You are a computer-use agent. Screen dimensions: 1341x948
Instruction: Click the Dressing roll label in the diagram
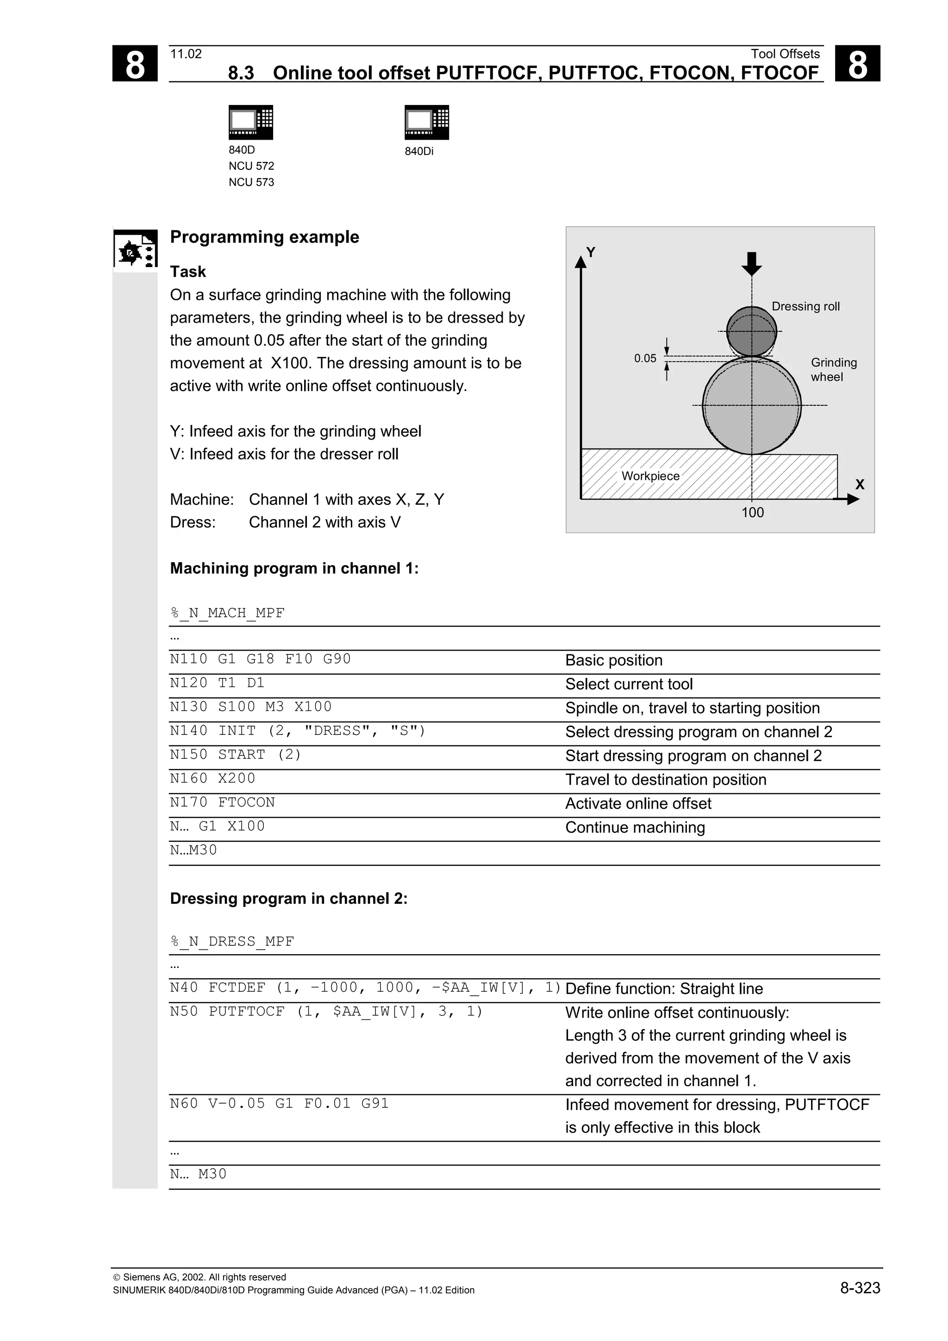(x=805, y=307)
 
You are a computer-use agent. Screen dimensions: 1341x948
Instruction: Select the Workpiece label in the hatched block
(x=650, y=476)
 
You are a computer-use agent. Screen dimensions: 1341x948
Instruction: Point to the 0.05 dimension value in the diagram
(x=645, y=359)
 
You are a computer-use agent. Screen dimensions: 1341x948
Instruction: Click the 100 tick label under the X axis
(x=752, y=513)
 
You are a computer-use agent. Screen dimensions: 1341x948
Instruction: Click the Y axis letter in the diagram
(x=591, y=252)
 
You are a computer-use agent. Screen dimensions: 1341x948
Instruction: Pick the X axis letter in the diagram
(x=859, y=484)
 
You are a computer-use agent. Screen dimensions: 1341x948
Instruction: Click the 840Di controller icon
(x=426, y=122)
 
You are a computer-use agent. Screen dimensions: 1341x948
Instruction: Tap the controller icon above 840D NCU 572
(x=250, y=122)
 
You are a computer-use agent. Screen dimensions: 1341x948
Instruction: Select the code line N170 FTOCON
(x=222, y=802)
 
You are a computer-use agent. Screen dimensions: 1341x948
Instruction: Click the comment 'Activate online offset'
(x=638, y=804)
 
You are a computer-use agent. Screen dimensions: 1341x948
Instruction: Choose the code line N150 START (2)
(x=236, y=755)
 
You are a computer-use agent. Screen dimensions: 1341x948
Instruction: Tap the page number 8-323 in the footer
(x=860, y=1288)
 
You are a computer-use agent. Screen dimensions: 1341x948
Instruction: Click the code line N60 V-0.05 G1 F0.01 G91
(x=279, y=1103)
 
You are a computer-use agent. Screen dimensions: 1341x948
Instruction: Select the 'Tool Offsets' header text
(x=785, y=54)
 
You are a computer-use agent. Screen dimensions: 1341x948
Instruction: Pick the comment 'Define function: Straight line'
(x=663, y=989)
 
